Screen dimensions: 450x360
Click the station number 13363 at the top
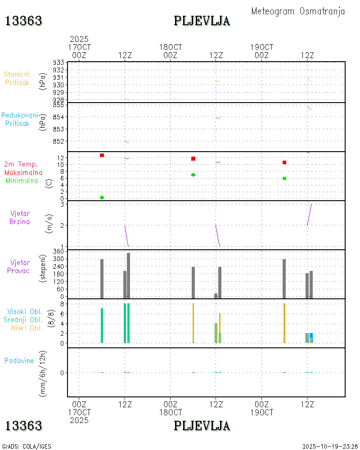[24, 21]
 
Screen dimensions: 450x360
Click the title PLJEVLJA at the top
[202, 21]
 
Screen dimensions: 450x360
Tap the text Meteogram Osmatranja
[298, 11]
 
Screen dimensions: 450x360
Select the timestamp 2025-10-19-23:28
[330, 446]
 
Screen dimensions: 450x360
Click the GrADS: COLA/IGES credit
[27, 446]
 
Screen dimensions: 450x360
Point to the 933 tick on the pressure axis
[59, 63]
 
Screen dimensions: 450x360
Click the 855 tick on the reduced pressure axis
[59, 105]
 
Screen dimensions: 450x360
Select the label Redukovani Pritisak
[19, 119]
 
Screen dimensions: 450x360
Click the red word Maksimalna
[23, 172]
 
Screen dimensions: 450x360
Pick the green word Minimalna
[22, 180]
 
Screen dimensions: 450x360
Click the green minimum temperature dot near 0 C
[102, 198]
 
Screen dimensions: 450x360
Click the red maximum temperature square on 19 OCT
[284, 162]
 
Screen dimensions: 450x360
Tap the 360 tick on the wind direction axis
[59, 252]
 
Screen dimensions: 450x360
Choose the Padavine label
[19, 360]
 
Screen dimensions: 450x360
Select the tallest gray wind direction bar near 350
[128, 275]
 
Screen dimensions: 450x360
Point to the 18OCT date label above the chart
[171, 47]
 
